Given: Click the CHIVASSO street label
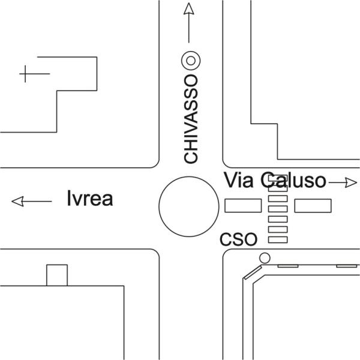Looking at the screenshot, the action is click(x=191, y=119).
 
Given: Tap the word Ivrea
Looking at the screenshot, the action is click(x=90, y=199).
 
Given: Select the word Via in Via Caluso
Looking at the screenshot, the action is click(x=239, y=180).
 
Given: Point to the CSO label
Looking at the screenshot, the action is click(x=239, y=239).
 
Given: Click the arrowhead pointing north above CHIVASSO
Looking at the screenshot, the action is click(x=189, y=9).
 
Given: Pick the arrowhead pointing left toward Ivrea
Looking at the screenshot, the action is click(x=17, y=202).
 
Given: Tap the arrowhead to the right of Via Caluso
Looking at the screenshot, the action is click(x=351, y=182).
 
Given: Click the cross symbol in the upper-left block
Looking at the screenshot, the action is click(x=25, y=74).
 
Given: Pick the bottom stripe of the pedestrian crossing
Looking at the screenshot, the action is click(x=278, y=239).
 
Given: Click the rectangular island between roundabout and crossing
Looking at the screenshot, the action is click(x=243, y=205).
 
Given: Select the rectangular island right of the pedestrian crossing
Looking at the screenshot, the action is click(x=313, y=206).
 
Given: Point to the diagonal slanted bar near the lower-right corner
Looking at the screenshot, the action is click(x=253, y=272).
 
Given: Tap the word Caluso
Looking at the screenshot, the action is click(x=293, y=180).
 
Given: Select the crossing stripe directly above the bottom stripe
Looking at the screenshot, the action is click(x=278, y=229).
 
